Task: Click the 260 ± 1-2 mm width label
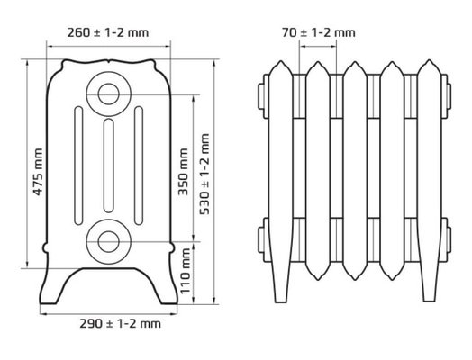pyautogui.click(x=108, y=32)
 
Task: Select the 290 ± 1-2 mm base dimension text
pyautogui.click(x=120, y=324)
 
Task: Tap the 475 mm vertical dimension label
pyautogui.click(x=38, y=172)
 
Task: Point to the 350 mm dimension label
pyautogui.click(x=183, y=172)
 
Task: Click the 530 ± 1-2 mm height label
pyautogui.click(x=204, y=174)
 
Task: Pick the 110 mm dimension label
pyautogui.click(x=186, y=271)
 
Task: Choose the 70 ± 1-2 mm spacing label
pyautogui.click(x=319, y=32)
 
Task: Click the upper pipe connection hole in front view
pyautogui.click(x=109, y=94)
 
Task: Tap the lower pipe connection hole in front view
pyautogui.click(x=109, y=241)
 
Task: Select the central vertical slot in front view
pyautogui.click(x=109, y=166)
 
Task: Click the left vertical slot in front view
pyautogui.click(x=78, y=166)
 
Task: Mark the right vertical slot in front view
pyautogui.click(x=139, y=166)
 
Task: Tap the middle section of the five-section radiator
pyautogui.click(x=355, y=171)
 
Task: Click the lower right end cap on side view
pyautogui.click(x=447, y=239)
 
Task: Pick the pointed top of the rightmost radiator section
pyautogui.click(x=429, y=60)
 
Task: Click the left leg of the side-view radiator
pyautogui.click(x=281, y=281)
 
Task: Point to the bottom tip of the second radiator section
pyautogui.click(x=318, y=280)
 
